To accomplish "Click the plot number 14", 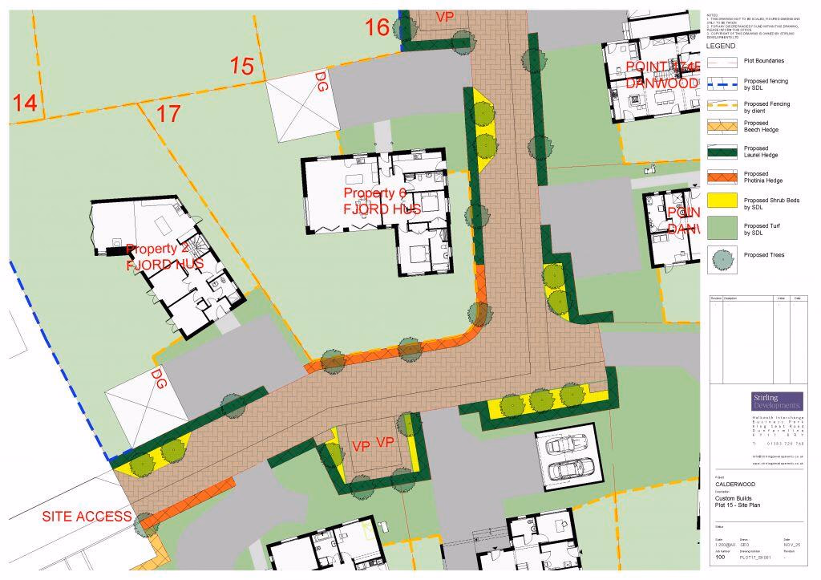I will pos(24,103).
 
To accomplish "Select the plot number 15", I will pos(242,66).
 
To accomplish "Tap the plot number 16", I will pos(377,27).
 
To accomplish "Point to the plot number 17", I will pos(168,114).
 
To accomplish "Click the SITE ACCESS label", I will pos(87,516).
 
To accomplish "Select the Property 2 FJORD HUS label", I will pos(164,256).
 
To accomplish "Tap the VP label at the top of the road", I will pos(444,17).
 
